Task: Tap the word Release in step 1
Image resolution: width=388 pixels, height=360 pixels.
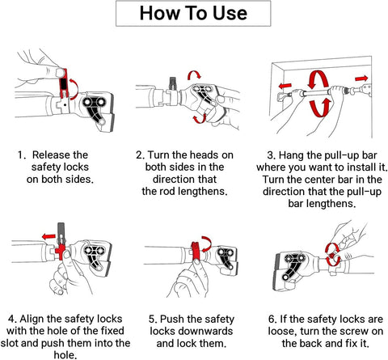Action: point(50,155)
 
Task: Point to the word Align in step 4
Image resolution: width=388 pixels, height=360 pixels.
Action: point(32,320)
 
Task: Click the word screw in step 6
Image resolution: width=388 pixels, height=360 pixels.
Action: point(354,331)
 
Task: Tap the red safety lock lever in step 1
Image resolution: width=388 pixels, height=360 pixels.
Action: point(63,83)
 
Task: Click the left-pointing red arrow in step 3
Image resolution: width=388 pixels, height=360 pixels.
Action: point(285,86)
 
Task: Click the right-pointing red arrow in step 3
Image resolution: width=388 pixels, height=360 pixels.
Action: point(361,78)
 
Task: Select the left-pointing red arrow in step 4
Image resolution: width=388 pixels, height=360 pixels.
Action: point(48,237)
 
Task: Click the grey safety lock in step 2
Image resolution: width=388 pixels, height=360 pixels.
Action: point(172,83)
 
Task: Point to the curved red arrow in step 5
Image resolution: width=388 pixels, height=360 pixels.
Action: point(208,242)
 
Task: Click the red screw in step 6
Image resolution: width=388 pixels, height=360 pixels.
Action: point(332,255)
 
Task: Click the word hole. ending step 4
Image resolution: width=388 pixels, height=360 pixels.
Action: point(65,355)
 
